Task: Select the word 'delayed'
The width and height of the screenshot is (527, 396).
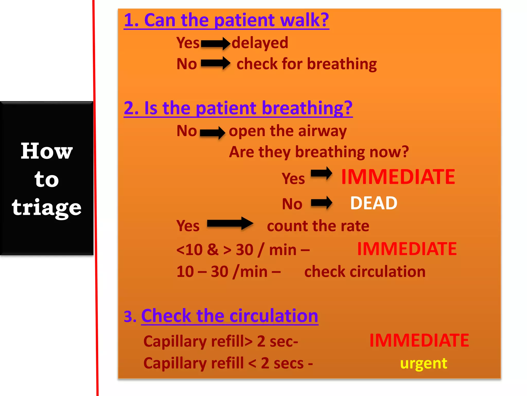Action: (260, 43)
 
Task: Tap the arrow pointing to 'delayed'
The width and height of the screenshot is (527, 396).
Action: (215, 43)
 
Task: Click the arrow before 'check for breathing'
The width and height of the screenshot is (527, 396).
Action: (215, 63)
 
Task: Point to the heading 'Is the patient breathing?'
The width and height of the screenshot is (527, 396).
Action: (238, 108)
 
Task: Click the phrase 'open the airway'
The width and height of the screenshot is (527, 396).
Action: (288, 131)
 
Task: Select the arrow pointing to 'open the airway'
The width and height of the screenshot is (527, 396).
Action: (213, 133)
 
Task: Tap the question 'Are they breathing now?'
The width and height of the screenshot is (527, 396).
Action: (319, 152)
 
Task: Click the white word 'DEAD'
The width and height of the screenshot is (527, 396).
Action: (374, 203)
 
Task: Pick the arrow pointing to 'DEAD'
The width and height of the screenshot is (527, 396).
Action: (321, 203)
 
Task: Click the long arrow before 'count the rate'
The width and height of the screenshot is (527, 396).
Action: (230, 224)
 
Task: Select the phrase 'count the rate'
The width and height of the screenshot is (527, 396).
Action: (318, 226)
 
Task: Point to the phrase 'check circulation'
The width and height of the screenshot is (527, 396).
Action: (365, 271)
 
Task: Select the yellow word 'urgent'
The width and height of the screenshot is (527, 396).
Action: (424, 363)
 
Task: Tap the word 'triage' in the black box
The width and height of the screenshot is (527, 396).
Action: (47, 208)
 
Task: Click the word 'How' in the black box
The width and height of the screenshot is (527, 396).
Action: (47, 151)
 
